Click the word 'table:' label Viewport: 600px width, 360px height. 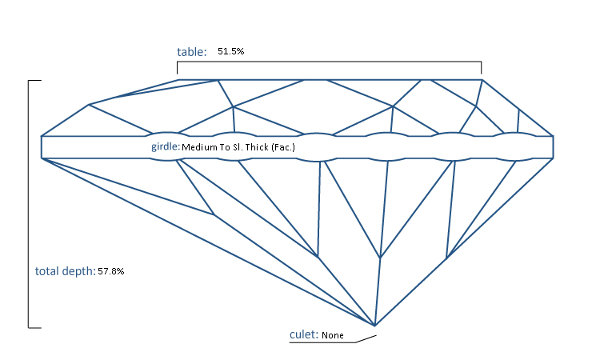pyautogui.click(x=192, y=52)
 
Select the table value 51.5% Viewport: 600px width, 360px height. pyautogui.click(x=231, y=51)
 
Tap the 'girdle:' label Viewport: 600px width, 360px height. pyautogui.click(x=166, y=147)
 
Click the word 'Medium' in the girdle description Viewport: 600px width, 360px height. pyautogui.click(x=199, y=148)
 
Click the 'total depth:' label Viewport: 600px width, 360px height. pyautogui.click(x=65, y=271)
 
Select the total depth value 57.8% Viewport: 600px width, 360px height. pyautogui.click(x=111, y=272)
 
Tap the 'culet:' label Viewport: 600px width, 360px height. pyautogui.click(x=304, y=334)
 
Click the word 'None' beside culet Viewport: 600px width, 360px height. pyautogui.click(x=333, y=336)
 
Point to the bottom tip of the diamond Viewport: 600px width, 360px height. pyautogui.click(x=374, y=326)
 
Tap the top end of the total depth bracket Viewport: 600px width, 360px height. pyautogui.click(x=30, y=81)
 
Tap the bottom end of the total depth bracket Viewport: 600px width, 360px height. pyautogui.click(x=30, y=327)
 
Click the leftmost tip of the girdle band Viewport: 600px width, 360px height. pyautogui.click(x=42, y=147)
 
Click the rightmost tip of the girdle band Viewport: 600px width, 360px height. pyautogui.click(x=553, y=147)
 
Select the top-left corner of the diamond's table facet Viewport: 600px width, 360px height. pyautogui.click(x=178, y=80)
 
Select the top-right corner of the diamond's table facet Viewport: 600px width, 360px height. pyautogui.click(x=482, y=80)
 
